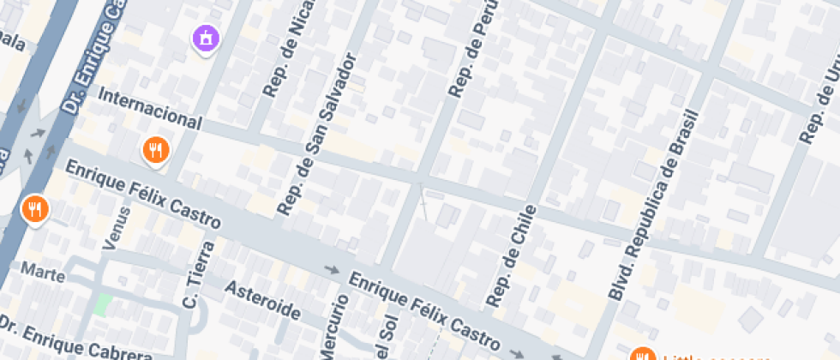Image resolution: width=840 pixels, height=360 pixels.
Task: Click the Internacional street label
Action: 150,110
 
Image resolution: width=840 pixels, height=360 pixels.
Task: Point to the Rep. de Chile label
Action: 511,255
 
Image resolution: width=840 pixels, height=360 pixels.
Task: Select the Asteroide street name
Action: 262,299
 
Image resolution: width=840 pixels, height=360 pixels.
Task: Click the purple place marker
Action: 206,38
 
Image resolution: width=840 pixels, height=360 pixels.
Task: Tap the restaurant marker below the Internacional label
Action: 155,151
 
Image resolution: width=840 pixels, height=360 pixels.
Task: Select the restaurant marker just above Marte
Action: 34,208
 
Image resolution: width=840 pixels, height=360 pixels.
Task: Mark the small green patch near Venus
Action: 103,304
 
